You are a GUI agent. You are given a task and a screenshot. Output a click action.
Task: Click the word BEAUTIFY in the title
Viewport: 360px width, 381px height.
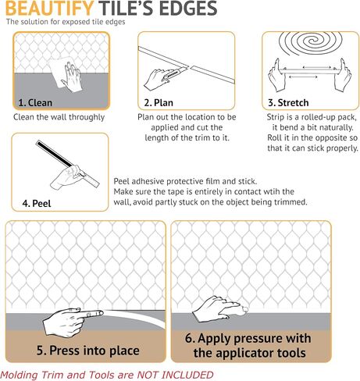pyautogui.click(x=49, y=8)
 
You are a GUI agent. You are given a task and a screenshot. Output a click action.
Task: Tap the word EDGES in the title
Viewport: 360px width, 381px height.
pyautogui.click(x=188, y=8)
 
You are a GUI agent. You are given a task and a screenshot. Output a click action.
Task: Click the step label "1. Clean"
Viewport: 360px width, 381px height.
pyautogui.click(x=35, y=102)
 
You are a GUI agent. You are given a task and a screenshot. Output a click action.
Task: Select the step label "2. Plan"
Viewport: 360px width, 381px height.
pyautogui.click(x=159, y=102)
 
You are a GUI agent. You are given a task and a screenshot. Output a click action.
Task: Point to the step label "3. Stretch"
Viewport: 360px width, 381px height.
pyautogui.click(x=288, y=102)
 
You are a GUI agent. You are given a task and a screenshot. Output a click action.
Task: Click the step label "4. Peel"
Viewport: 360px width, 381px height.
pyautogui.click(x=37, y=203)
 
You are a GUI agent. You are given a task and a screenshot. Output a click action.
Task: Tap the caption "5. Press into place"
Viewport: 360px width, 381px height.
pyautogui.click(x=88, y=351)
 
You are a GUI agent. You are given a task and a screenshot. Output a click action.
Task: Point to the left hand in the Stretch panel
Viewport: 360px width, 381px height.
pyautogui.click(x=276, y=75)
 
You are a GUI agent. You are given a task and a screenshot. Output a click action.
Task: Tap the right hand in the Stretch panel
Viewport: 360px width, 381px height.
pyautogui.click(x=343, y=75)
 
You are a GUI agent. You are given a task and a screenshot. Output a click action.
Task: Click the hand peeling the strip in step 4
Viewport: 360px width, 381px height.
pyautogui.click(x=67, y=178)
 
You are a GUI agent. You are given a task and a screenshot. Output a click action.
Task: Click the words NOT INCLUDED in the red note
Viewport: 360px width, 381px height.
pyautogui.click(x=175, y=375)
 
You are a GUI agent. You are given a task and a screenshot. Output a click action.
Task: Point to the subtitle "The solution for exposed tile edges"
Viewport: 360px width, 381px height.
pyautogui.click(x=66, y=22)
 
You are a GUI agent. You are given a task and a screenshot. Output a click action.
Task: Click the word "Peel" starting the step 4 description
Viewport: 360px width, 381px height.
pyautogui.click(x=121, y=181)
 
